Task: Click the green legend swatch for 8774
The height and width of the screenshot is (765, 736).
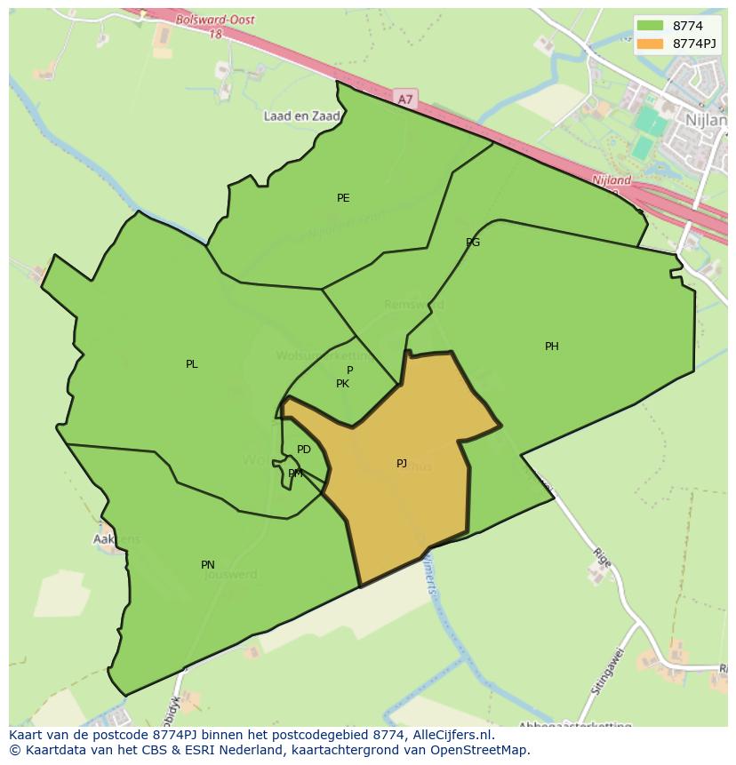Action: click(650, 26)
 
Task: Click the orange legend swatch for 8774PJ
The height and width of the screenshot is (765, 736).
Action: click(650, 44)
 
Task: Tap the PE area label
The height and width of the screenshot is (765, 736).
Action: click(343, 198)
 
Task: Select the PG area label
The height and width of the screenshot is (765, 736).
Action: click(473, 243)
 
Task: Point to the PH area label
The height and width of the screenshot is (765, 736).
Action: click(552, 347)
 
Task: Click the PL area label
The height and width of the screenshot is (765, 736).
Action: click(192, 364)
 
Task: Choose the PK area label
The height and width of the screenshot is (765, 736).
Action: click(342, 384)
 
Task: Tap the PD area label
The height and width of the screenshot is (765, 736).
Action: click(304, 450)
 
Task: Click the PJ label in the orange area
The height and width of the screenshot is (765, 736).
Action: click(402, 464)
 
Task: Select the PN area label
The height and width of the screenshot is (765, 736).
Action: click(208, 565)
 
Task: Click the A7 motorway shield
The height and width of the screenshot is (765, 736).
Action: click(405, 100)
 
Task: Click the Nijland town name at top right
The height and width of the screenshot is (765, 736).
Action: click(706, 117)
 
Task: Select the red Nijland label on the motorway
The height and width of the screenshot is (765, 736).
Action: click(612, 180)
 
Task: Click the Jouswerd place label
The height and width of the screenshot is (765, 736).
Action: click(230, 575)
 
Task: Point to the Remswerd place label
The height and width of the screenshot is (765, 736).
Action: click(414, 305)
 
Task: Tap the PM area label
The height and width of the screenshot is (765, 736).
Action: click(295, 474)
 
